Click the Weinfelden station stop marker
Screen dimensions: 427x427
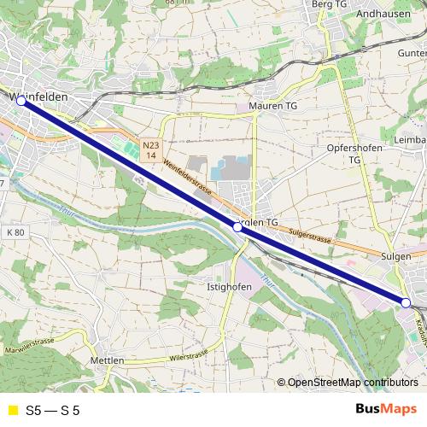click(x=21, y=101)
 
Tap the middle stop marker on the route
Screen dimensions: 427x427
click(x=237, y=228)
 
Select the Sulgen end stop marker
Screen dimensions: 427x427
click(x=407, y=302)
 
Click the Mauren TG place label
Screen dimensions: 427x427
click(x=272, y=106)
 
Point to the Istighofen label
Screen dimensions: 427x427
click(x=228, y=287)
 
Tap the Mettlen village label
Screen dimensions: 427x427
click(x=107, y=361)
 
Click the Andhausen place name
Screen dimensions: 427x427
click(x=383, y=15)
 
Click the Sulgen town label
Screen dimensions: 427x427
click(x=396, y=255)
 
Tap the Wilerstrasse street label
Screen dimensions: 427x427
click(x=189, y=356)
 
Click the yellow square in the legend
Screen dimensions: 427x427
click(x=12, y=411)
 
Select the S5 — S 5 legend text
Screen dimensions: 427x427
click(x=54, y=411)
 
